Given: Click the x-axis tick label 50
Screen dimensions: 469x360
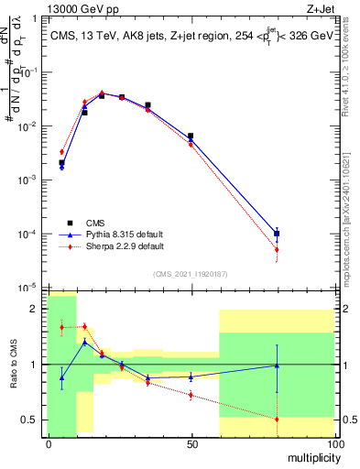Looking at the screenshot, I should [191, 443].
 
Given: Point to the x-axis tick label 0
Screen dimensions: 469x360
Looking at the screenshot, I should [49, 443].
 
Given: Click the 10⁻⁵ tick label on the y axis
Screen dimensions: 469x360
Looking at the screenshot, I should [30, 288].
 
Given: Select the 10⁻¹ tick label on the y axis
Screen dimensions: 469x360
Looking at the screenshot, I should [30, 72].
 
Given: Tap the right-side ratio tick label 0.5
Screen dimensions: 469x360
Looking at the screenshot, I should [347, 420].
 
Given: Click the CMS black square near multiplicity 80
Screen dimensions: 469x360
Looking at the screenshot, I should [277, 234].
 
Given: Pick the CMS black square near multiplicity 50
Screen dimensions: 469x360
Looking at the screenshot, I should [191, 136].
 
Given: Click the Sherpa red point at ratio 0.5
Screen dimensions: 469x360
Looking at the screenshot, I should [277, 420].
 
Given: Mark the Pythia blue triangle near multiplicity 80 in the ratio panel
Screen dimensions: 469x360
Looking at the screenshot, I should [277, 365].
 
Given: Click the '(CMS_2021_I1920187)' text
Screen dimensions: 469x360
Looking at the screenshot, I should [191, 273].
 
